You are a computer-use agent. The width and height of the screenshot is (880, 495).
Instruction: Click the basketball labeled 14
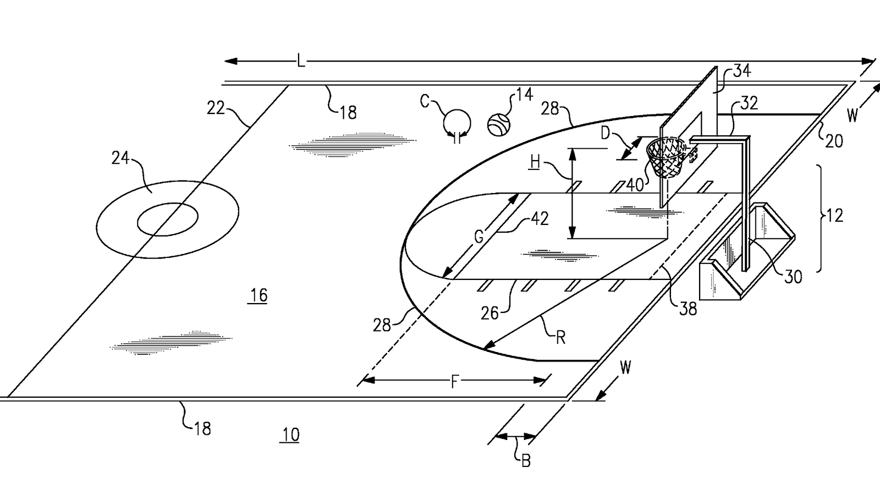499,124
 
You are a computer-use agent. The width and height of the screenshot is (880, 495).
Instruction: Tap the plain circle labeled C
457,122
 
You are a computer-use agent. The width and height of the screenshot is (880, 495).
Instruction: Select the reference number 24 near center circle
120,158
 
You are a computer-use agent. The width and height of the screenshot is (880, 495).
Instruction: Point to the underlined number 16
258,295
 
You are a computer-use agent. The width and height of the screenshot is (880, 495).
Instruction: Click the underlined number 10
290,435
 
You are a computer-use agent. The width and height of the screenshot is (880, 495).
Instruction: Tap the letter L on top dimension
300,61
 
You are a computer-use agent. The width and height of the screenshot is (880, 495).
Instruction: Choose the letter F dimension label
454,381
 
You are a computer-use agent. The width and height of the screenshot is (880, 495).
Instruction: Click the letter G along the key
479,237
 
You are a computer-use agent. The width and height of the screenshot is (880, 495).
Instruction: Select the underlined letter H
535,162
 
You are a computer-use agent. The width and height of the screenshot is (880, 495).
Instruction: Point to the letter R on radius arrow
560,337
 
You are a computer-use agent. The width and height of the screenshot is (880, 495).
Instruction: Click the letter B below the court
525,461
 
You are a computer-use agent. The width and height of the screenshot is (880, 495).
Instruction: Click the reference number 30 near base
793,277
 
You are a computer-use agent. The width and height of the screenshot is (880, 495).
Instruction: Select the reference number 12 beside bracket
834,215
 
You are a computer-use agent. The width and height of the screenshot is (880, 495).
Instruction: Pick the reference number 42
539,219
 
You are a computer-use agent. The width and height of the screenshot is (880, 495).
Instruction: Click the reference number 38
688,309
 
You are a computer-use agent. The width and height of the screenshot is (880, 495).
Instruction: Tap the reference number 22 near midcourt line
216,108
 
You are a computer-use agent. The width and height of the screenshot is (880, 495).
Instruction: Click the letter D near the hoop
605,134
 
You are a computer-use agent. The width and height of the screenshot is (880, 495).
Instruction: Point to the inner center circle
167,219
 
